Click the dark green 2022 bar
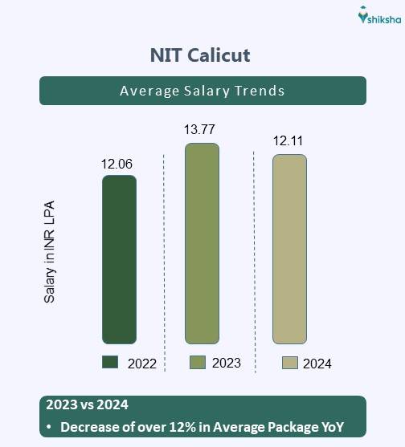(x=119, y=259)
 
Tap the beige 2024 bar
(x=289, y=249)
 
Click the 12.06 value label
(x=117, y=165)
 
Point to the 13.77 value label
(x=200, y=129)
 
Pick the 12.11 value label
(x=289, y=141)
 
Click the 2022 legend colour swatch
(x=110, y=362)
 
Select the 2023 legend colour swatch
(x=197, y=362)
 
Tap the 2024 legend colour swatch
(x=289, y=363)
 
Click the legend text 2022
(x=141, y=364)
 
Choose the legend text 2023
(x=227, y=363)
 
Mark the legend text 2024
(x=317, y=364)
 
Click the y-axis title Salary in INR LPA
(x=50, y=250)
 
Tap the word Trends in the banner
(x=256, y=91)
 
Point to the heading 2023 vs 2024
(x=87, y=404)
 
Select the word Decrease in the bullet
(x=91, y=426)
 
